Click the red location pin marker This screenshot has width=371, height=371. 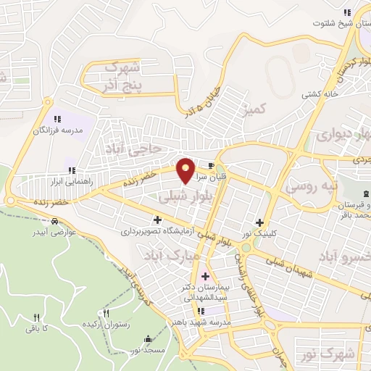pyautogui.click(x=186, y=170)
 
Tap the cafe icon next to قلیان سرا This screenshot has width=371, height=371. pyautogui.click(x=212, y=165)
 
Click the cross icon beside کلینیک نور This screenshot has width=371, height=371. pyautogui.click(x=259, y=222)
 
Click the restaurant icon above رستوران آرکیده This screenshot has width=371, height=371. pyautogui.click(x=107, y=314)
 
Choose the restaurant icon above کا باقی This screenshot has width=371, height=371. pyautogui.click(x=36, y=317)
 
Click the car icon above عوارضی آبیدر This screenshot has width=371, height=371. pyautogui.click(x=55, y=221)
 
